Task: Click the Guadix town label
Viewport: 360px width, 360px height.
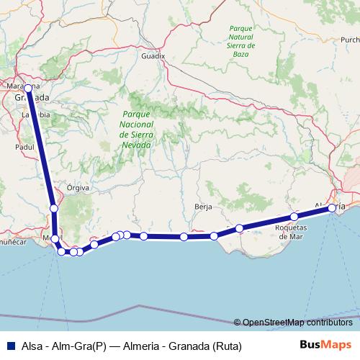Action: [153, 55]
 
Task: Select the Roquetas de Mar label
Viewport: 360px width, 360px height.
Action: [293, 231]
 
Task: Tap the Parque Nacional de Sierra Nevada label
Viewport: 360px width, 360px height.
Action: [135, 130]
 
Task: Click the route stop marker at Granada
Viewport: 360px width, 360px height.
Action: [27, 89]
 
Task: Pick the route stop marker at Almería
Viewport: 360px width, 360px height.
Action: [332, 207]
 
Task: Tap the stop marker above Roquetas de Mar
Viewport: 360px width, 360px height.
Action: [294, 217]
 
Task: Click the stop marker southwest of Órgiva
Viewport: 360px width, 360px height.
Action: [54, 209]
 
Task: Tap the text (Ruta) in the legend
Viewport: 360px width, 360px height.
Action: [226, 346]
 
